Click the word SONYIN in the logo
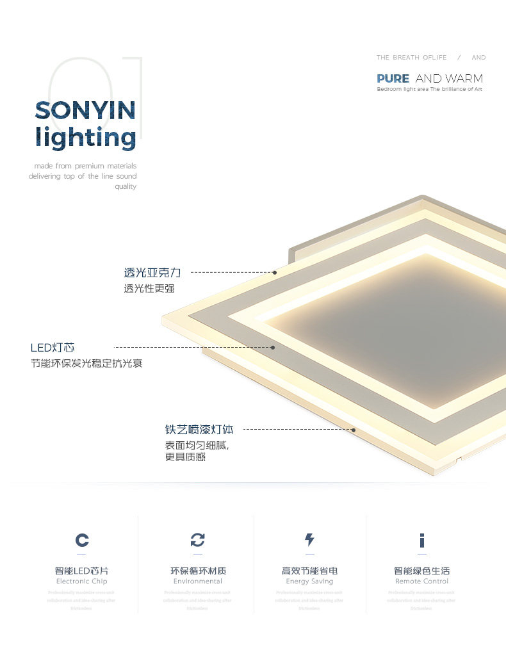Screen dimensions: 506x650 [x=85, y=111]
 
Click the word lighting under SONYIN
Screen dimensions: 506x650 [x=85, y=138]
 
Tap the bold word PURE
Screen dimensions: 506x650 [x=393, y=79]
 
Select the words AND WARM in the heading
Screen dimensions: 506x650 [x=449, y=79]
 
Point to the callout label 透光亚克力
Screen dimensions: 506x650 [x=152, y=273]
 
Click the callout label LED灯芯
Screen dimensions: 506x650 [x=53, y=348]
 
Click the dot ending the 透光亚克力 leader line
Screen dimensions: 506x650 [x=275, y=272]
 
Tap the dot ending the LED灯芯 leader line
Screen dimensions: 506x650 [x=273, y=347]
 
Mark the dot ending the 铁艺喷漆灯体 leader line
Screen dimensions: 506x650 [x=353, y=430]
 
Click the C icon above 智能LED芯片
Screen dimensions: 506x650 [x=82, y=540]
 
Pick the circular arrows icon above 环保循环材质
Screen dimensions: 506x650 [x=198, y=540]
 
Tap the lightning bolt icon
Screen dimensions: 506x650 [x=309, y=540]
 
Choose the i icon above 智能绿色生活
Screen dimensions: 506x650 [x=422, y=540]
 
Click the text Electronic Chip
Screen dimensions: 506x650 [x=82, y=581]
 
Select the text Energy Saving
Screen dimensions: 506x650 [x=309, y=581]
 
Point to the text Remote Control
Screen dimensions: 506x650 [x=422, y=581]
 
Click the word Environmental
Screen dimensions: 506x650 [x=198, y=581]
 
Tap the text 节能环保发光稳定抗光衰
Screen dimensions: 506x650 [x=86, y=364]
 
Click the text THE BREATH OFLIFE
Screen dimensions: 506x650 [x=411, y=58]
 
